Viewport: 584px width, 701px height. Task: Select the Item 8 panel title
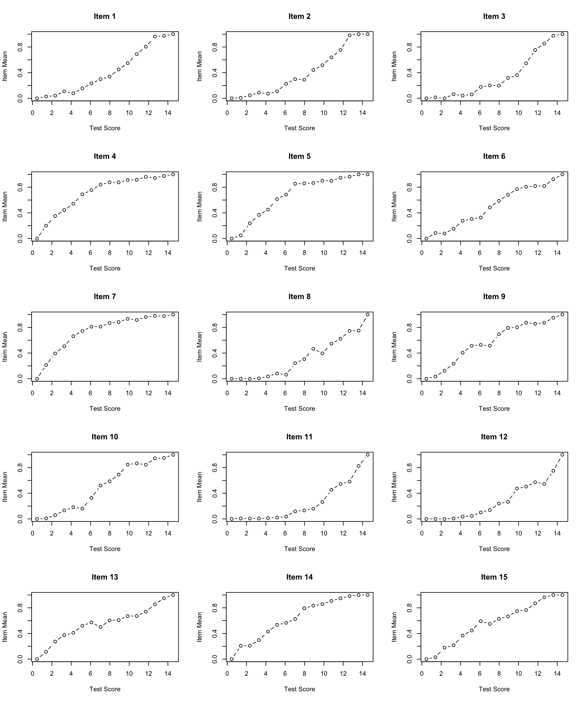[299, 297]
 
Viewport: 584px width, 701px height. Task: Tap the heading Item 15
[494, 577]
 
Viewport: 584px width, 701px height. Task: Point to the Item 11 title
[299, 437]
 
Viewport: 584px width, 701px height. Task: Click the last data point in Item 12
[562, 455]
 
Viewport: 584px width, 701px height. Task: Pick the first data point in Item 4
[37, 239]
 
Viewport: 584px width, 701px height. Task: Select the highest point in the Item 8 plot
[368, 315]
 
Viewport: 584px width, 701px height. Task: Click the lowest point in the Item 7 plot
[37, 379]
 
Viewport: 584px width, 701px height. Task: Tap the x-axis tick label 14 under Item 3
[557, 113]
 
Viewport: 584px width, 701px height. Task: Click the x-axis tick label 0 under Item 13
[32, 674]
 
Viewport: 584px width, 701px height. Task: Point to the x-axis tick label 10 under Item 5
[324, 253]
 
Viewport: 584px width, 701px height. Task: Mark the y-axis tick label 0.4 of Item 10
[20, 493]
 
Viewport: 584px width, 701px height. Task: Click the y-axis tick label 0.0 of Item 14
[214, 659]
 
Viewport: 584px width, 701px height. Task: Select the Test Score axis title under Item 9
[494, 409]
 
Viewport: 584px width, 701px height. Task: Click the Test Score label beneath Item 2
[299, 128]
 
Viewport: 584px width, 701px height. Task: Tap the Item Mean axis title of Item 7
[5, 347]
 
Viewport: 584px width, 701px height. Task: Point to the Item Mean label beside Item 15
[394, 627]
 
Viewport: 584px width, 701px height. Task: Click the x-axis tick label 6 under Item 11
[285, 533]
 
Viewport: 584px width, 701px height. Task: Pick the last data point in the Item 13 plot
[173, 595]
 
